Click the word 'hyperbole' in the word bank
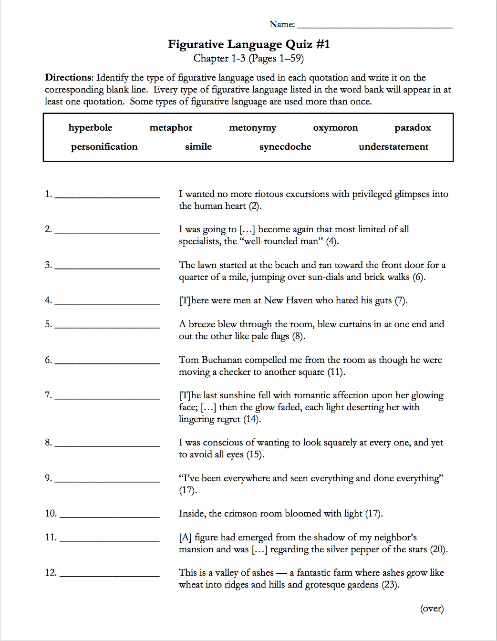(x=90, y=128)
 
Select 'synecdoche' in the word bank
(x=285, y=147)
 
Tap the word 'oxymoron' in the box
(x=335, y=128)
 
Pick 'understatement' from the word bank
(x=393, y=147)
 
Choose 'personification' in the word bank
(x=104, y=147)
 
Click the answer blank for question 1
(x=107, y=196)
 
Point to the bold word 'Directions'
(x=69, y=78)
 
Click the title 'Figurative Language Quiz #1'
(x=248, y=44)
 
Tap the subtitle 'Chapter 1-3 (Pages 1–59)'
(x=248, y=58)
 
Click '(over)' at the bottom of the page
(x=432, y=609)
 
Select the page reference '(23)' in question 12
(x=390, y=585)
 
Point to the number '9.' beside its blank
(x=48, y=478)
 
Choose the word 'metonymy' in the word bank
(x=252, y=128)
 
